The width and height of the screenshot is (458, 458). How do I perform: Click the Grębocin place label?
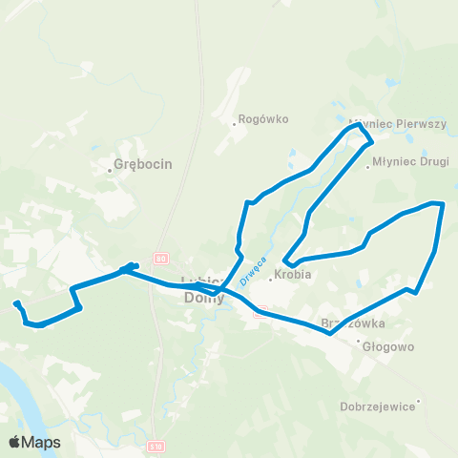(x=143, y=164)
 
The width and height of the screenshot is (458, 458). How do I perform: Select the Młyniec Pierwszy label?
(x=386, y=125)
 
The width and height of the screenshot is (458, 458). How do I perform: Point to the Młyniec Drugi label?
(x=410, y=162)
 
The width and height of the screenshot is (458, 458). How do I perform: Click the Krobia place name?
(x=294, y=275)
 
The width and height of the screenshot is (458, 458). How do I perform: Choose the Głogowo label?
(x=388, y=347)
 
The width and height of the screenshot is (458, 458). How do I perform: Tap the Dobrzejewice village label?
(x=378, y=406)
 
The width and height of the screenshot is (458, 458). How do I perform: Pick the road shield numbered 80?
(x=160, y=258)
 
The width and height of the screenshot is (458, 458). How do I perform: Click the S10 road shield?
(x=156, y=446)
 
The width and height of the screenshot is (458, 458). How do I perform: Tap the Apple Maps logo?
(x=34, y=442)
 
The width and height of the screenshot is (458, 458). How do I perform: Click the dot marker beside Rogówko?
(x=235, y=122)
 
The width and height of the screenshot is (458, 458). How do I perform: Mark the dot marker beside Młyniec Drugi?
(x=368, y=168)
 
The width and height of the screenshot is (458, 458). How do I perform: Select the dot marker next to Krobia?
(x=269, y=279)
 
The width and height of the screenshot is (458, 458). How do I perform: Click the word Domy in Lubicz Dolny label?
(x=203, y=298)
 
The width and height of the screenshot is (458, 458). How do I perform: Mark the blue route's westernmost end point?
(x=15, y=304)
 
